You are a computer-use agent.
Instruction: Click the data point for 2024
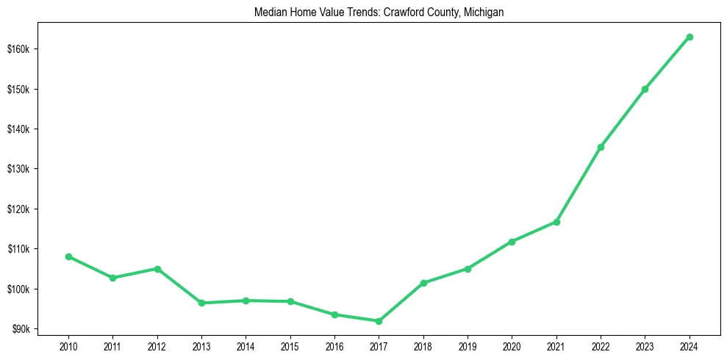[690, 37]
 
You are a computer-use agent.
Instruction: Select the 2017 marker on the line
[379, 321]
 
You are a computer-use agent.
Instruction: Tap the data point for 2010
[68, 256]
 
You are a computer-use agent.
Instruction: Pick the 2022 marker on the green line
[601, 147]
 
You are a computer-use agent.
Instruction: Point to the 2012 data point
[157, 269]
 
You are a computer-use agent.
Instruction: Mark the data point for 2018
[423, 283]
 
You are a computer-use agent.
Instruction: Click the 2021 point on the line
[556, 222]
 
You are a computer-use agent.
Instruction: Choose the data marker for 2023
[645, 90]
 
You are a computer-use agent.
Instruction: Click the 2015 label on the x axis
[290, 345]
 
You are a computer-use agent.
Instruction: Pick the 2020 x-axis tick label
[512, 345]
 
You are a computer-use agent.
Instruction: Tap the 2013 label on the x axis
[201, 345]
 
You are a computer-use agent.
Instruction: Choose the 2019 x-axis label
[468, 345]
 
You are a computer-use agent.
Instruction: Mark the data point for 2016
[334, 314]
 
